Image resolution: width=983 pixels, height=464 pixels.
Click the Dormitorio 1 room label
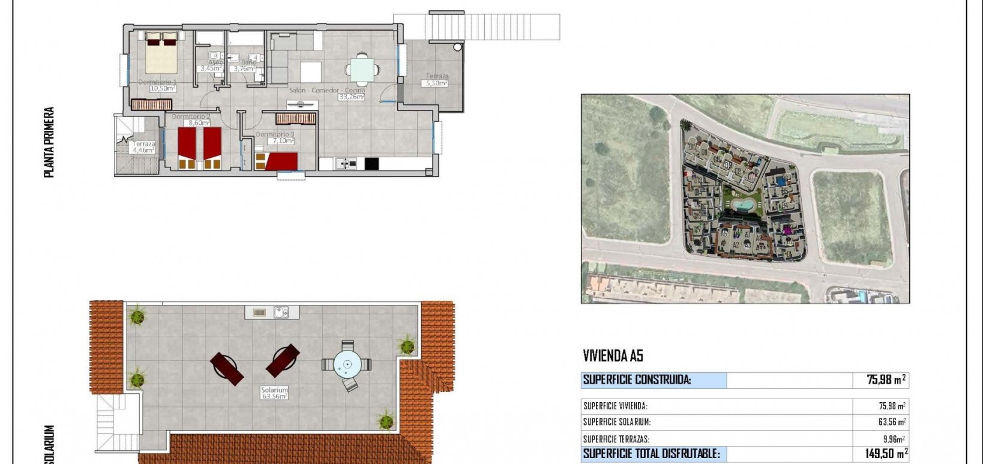tap(157, 82)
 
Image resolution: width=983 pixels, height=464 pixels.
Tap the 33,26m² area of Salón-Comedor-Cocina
tap(351, 97)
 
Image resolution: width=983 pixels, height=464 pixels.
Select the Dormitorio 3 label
tap(275, 134)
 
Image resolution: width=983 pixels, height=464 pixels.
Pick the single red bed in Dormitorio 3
tap(281, 161)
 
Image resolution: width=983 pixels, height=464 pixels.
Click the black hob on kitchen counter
tap(371, 163)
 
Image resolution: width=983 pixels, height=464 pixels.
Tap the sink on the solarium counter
tap(281, 312)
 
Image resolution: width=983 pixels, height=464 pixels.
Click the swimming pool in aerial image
tap(743, 205)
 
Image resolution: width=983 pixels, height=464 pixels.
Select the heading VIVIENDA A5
tap(613, 356)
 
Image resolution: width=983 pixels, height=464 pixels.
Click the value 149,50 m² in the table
tap(886, 453)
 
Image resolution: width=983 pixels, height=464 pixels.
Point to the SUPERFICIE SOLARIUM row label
tap(616, 422)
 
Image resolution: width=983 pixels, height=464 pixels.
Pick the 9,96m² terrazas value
tap(894, 439)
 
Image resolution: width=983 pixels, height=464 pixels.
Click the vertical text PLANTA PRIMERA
tap(49, 142)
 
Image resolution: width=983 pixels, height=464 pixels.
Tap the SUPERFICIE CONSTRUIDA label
tap(637, 379)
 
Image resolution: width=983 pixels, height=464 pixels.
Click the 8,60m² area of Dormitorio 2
tap(199, 123)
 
